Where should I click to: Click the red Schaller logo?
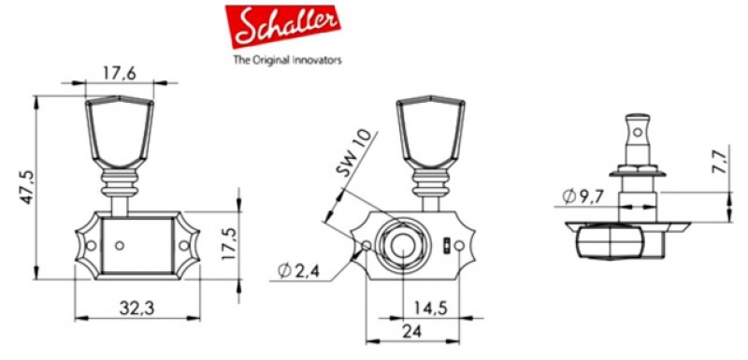[x=283, y=27]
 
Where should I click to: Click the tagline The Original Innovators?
[x=287, y=60]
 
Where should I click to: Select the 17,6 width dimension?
[x=120, y=73]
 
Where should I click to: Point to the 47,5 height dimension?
[x=27, y=187]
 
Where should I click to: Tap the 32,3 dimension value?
[x=137, y=309]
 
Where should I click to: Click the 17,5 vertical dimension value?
[x=229, y=243]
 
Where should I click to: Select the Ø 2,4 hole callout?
[x=299, y=271]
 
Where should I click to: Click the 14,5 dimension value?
[x=430, y=308]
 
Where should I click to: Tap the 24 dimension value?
[x=411, y=331]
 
